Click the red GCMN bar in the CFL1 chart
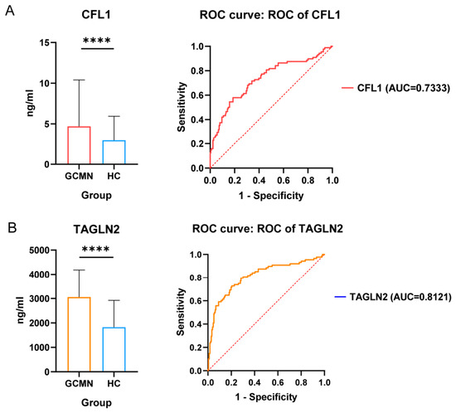(79, 127)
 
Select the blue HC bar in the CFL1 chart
(114, 141)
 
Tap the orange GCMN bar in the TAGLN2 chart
(79, 298)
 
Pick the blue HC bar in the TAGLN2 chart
(114, 328)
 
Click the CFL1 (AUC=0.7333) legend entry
(395, 88)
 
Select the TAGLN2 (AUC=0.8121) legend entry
(393, 297)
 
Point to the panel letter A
(10, 12)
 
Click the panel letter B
(12, 228)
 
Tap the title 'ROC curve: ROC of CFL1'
(269, 15)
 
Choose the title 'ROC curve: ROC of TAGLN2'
(268, 229)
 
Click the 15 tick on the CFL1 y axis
(44, 43)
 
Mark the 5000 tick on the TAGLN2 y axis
(39, 250)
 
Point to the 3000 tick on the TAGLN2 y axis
(39, 299)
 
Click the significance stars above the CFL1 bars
(97, 40)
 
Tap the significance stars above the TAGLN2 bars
(95, 249)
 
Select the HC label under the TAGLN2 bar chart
(114, 384)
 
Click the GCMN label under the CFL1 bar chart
(79, 176)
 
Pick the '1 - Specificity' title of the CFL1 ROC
(271, 196)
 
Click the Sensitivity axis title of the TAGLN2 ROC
(181, 312)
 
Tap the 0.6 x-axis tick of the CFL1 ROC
(284, 181)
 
